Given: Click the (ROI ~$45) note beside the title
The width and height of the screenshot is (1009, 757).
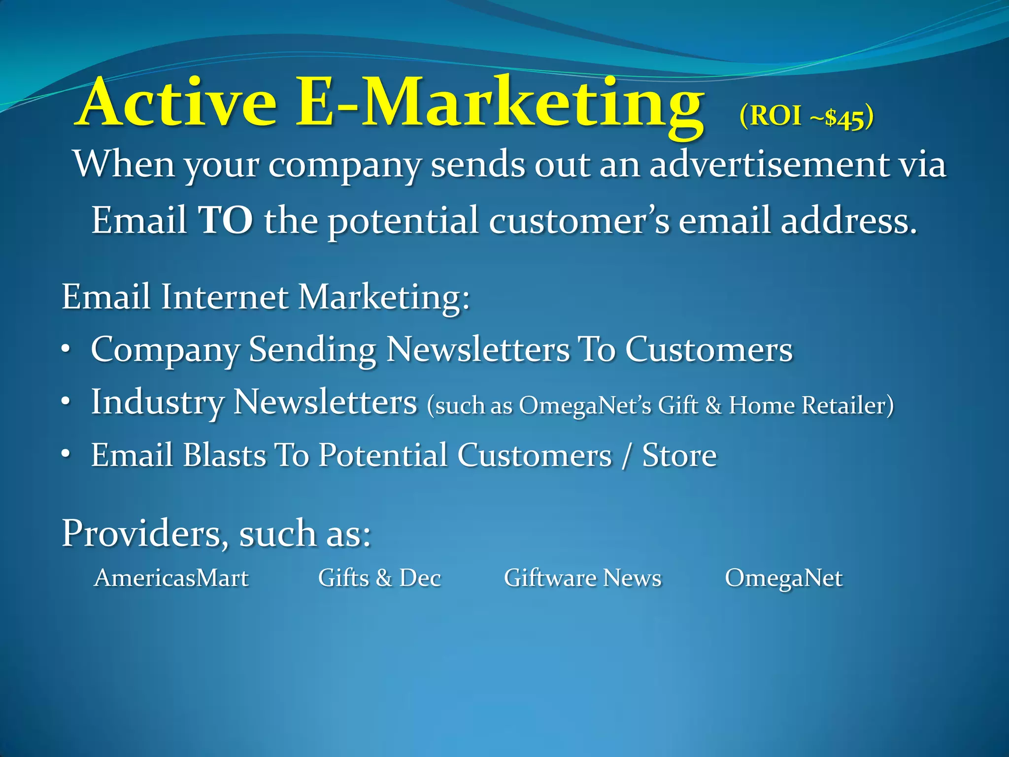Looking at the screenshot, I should (806, 117).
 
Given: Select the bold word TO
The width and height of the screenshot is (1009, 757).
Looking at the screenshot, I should (226, 220).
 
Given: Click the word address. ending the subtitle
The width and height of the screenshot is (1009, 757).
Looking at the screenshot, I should (848, 220).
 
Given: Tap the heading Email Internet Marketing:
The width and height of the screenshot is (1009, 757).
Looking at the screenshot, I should (266, 297).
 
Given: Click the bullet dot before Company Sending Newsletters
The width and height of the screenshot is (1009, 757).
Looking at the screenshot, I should (66, 350).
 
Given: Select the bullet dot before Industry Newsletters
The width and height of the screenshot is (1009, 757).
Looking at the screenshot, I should (66, 403).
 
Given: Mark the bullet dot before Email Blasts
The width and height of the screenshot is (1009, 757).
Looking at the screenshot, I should (66, 455).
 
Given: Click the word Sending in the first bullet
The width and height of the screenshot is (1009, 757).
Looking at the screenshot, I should (312, 350).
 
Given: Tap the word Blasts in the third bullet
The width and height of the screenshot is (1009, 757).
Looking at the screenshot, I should (224, 455).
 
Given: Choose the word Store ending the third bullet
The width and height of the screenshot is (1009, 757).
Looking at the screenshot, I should (679, 455).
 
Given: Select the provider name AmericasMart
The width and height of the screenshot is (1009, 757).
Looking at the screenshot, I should (171, 578).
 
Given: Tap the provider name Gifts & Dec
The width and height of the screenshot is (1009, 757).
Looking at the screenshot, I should (379, 578).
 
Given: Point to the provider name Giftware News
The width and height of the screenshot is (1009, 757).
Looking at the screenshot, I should (582, 578).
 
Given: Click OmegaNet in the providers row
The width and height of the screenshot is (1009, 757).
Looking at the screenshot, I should (783, 578).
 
